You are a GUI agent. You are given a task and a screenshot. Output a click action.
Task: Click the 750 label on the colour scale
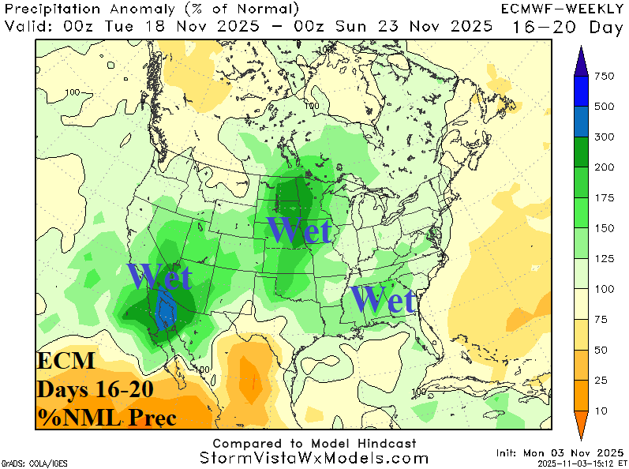604,77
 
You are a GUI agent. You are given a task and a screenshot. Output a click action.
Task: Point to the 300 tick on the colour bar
604,137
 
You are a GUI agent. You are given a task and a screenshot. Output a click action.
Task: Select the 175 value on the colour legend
604,198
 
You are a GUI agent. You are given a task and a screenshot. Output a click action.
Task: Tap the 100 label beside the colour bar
604,289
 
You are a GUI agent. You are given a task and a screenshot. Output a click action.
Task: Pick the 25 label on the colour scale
604,381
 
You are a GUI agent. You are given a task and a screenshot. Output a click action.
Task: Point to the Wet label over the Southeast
383,300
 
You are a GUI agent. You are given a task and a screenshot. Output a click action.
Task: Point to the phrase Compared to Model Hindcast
314,444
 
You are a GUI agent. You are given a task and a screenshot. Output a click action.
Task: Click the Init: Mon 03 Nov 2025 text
560,452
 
